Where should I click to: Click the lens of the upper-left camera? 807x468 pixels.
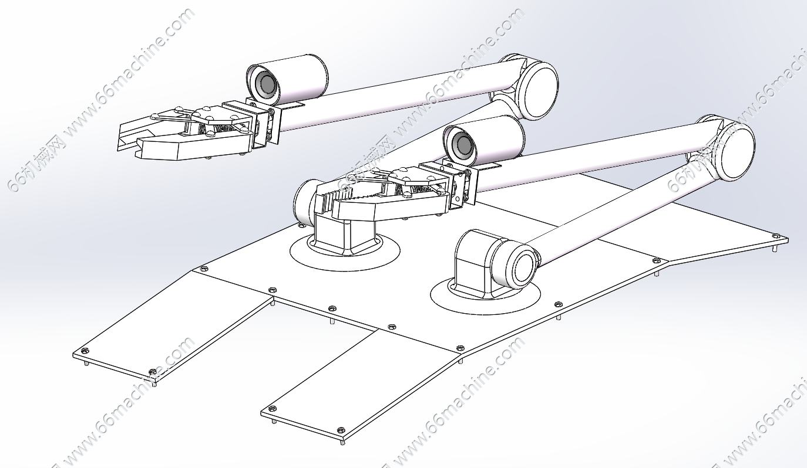click(266, 84)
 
